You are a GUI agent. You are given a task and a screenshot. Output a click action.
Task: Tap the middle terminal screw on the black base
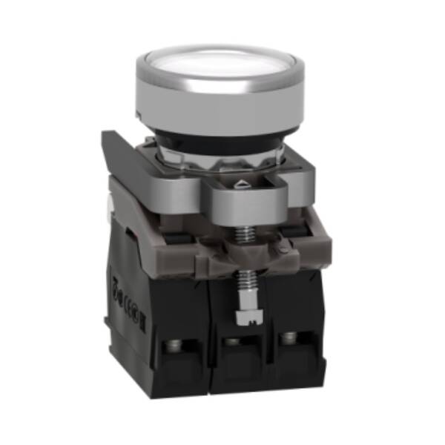232,343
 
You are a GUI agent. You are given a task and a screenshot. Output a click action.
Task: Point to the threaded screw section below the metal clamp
242,234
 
